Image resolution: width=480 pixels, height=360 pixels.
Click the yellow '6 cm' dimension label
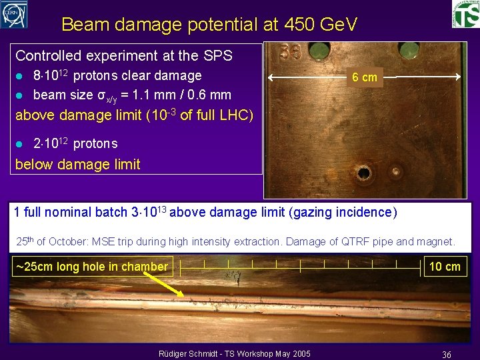pyautogui.click(x=365, y=77)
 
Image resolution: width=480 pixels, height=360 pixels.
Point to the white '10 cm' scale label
pyautogui.click(x=445, y=267)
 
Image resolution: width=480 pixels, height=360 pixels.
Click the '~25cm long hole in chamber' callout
pyautogui.click(x=92, y=267)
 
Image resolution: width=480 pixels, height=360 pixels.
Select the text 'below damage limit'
pyautogui.click(x=77, y=165)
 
